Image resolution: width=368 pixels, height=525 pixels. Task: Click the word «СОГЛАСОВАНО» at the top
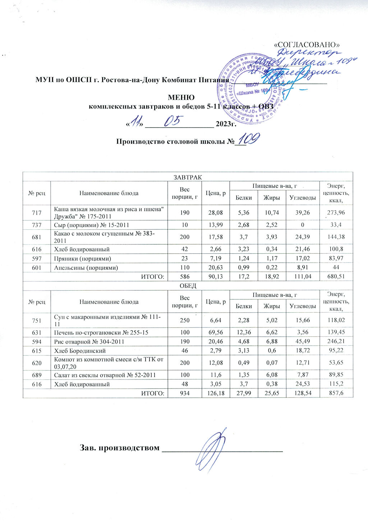[307, 45]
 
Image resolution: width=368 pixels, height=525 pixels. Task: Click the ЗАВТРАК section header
[188, 177]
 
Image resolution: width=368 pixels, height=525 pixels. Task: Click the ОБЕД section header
[188, 286]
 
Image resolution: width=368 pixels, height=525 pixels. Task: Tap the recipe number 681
[37, 237]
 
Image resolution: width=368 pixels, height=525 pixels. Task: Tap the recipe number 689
[37, 375]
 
